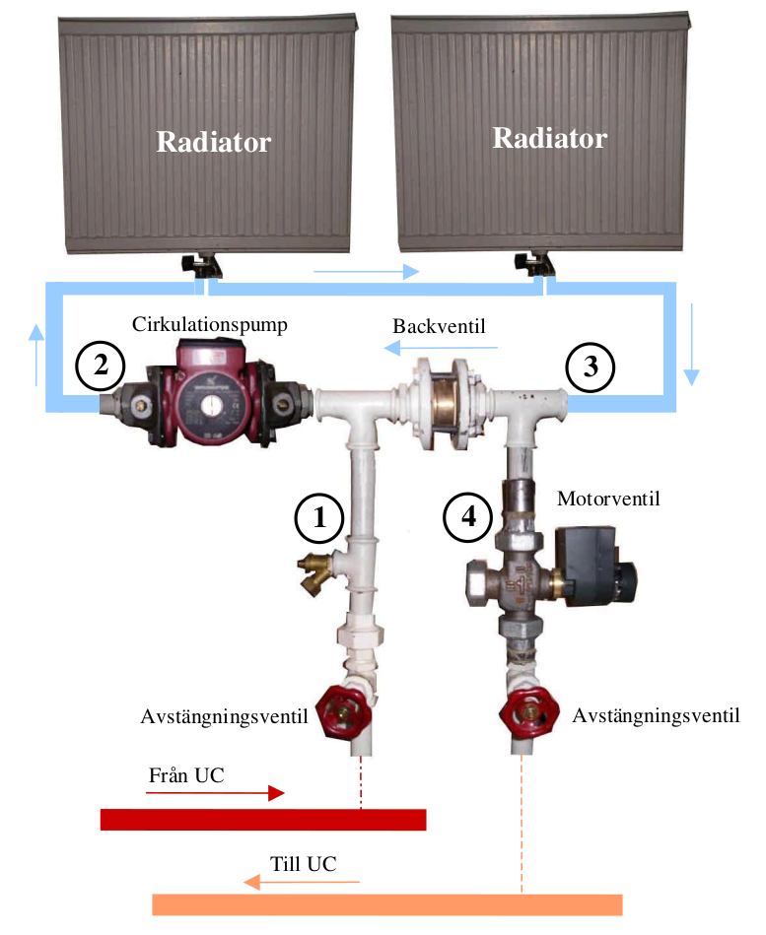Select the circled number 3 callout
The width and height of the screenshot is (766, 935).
591,367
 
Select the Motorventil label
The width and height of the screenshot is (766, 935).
608,500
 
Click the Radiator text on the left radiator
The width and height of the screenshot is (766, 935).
213,142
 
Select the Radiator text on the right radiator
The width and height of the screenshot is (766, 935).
549,138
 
